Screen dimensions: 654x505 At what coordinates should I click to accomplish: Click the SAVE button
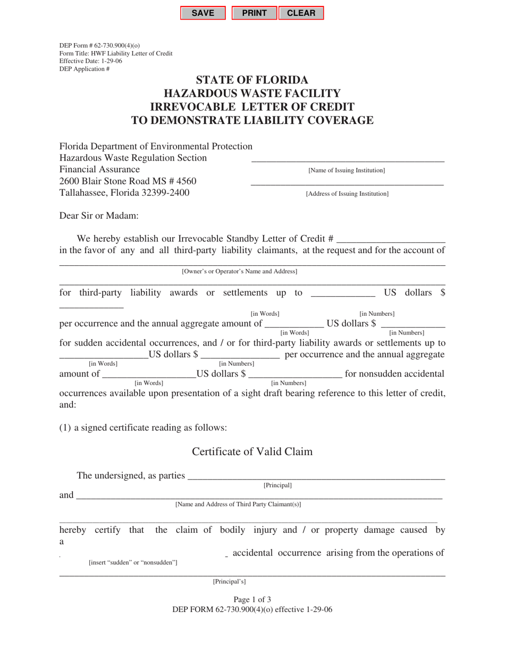[x=203, y=13]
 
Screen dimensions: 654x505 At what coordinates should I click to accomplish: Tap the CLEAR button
[x=301, y=13]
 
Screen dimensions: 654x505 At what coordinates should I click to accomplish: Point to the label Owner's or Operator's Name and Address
[x=239, y=271]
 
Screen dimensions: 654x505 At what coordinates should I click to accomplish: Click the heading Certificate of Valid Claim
[x=252, y=452]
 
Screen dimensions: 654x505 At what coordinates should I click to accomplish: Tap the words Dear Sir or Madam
[x=98, y=215]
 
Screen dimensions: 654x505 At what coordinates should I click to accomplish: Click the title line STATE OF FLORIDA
[x=252, y=80]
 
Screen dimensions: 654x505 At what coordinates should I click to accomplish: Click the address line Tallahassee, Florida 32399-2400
[x=124, y=193]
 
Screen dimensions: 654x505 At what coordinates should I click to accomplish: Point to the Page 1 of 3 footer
[x=252, y=599]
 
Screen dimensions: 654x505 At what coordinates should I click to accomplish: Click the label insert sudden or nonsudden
[x=133, y=562]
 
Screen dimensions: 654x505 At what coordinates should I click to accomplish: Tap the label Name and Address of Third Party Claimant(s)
[x=238, y=504]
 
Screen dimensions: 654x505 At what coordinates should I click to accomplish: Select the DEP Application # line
[x=85, y=69]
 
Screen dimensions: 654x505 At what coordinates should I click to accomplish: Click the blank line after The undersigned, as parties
[x=316, y=476]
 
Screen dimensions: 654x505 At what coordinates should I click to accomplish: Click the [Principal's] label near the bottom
[x=229, y=581]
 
